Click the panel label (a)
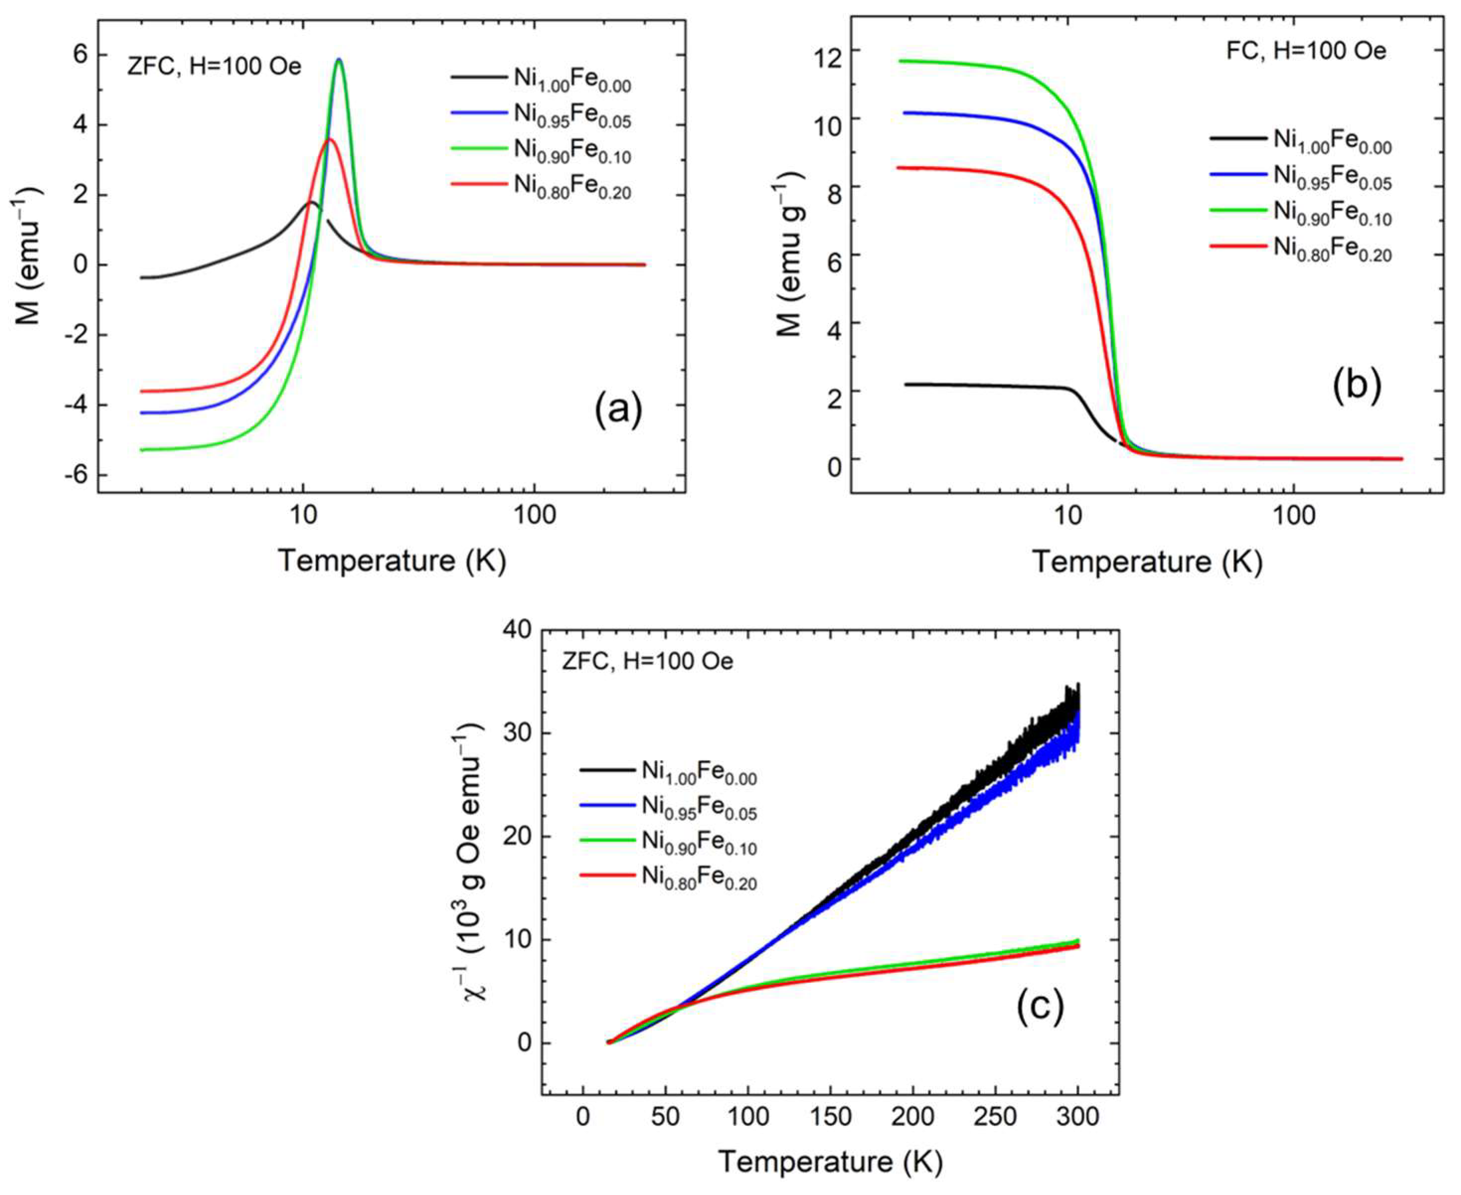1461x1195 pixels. (617, 410)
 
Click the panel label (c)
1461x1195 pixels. (1040, 1006)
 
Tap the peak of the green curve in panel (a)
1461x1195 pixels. (339, 61)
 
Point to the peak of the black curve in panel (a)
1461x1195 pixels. (311, 202)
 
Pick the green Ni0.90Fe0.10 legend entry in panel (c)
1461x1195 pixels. (668, 841)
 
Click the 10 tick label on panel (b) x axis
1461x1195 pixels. (1067, 515)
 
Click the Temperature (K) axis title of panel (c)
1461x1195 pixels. (830, 1162)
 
